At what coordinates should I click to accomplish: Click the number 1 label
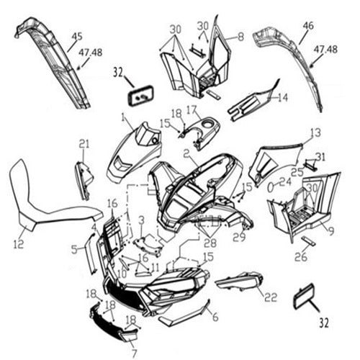[123, 117]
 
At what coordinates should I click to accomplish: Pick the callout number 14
[283, 97]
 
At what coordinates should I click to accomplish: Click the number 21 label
[84, 143]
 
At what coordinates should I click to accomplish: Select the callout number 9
[330, 231]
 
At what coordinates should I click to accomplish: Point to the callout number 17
[192, 110]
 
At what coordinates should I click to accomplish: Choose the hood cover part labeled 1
[135, 151]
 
